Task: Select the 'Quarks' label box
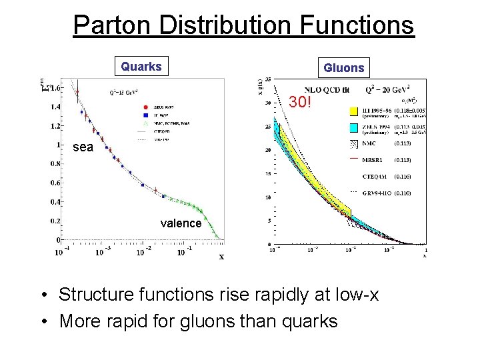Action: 141,67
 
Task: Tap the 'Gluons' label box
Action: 344,67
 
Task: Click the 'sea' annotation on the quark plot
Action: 83,147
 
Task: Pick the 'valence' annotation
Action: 181,223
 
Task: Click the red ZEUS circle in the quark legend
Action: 146,107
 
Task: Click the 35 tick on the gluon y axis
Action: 267,79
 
